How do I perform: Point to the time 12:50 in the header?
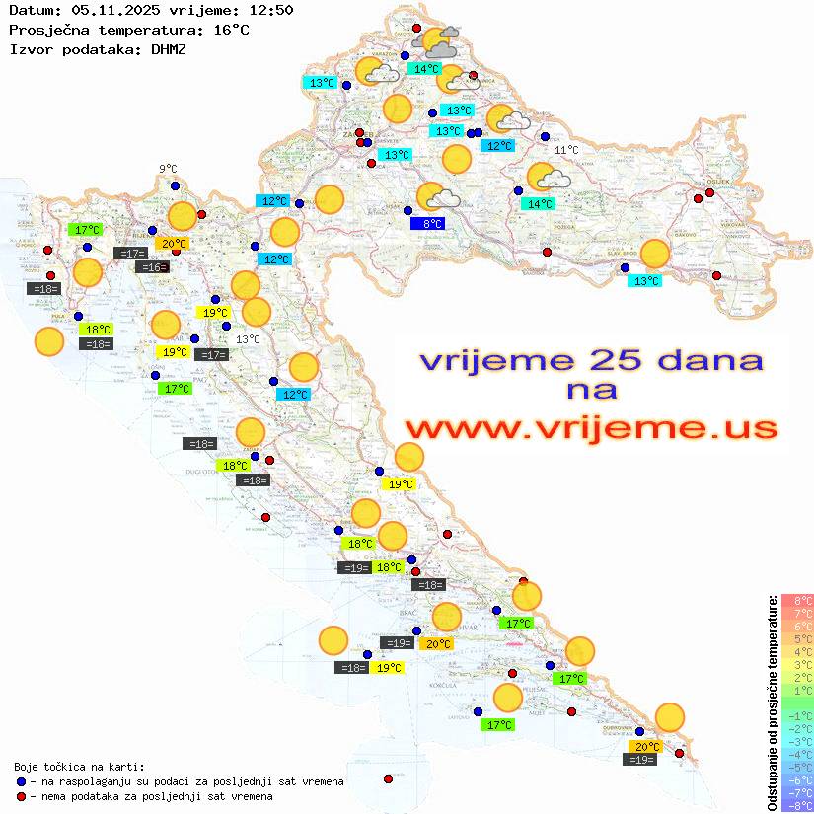[270, 11]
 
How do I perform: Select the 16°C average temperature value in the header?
[231, 30]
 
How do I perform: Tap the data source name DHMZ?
[168, 48]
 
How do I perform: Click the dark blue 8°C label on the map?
[427, 224]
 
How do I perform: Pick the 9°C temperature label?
[168, 169]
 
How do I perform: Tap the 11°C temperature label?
[566, 150]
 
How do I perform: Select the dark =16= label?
[153, 267]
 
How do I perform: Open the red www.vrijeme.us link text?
[590, 428]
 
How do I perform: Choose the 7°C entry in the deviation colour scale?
[796, 614]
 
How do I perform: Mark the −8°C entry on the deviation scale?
[796, 805]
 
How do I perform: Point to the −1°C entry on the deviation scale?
[796, 715]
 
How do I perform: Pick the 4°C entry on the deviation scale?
[796, 652]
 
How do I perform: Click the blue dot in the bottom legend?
[23, 781]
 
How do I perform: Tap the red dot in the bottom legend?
[23, 796]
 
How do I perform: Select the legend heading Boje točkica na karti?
[80, 766]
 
